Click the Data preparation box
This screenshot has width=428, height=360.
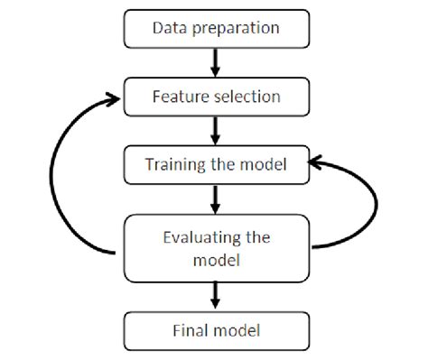pos(214,29)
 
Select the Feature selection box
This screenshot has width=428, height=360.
pos(214,97)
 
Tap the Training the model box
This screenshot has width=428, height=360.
pos(214,165)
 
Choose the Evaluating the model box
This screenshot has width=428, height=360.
pos(214,246)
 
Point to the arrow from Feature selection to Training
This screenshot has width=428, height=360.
pos(215,131)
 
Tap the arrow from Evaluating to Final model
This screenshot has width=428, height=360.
pos(215,295)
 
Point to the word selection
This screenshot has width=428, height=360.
pos(241,97)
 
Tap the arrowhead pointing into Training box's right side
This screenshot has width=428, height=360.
pos(314,163)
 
